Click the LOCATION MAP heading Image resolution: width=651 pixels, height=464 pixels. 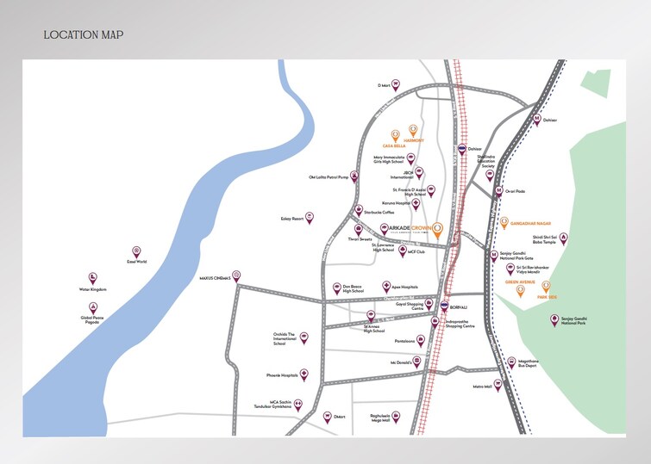84,35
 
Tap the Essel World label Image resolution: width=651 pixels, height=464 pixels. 136,261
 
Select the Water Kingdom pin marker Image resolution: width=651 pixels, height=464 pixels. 92,277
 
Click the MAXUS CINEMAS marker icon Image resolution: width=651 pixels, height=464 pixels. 237,276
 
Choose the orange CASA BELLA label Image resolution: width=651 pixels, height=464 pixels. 394,146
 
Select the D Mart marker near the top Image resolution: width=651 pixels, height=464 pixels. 396,84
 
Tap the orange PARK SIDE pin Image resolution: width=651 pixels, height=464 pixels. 545,286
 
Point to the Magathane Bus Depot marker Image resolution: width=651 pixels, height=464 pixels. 510,352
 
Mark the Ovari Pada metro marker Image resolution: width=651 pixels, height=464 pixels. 498,189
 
